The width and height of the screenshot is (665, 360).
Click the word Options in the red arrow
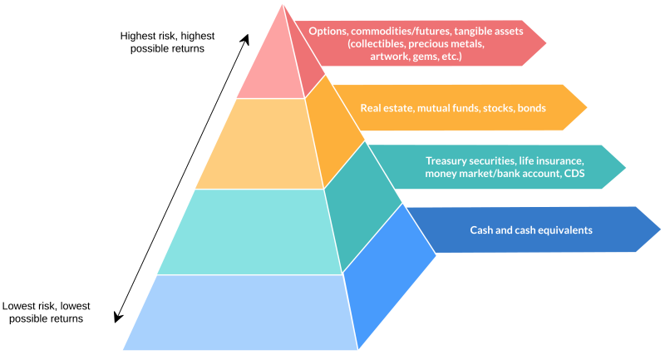(328, 31)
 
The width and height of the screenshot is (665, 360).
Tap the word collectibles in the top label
(379, 44)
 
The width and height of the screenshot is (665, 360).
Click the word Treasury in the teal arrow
(447, 160)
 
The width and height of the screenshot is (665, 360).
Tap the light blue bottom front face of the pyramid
(241, 312)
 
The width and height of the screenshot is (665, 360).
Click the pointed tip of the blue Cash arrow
(660, 229)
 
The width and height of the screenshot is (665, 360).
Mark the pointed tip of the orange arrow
(587, 107)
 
